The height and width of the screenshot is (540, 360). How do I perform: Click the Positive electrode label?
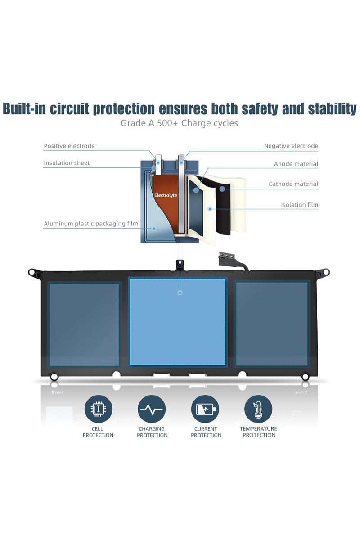(x=69, y=146)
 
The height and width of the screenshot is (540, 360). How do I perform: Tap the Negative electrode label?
(x=291, y=146)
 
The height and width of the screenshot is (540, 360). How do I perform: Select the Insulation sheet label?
(x=67, y=163)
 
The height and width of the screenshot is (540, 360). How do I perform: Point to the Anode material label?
(x=296, y=164)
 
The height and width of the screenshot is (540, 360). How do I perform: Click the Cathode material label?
(x=293, y=184)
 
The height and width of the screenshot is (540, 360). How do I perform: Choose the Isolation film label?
(x=300, y=205)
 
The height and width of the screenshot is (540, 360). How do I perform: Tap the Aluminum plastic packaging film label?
(x=90, y=224)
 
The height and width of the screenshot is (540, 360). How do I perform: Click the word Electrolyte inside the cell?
(x=166, y=195)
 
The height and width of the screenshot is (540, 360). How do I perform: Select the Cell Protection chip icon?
(x=99, y=409)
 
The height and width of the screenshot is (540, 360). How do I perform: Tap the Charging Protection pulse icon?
(x=152, y=409)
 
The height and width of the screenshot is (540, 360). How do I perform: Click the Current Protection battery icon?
(x=205, y=409)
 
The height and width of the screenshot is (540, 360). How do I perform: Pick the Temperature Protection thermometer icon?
(x=258, y=409)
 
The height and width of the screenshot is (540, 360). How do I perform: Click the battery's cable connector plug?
(x=228, y=259)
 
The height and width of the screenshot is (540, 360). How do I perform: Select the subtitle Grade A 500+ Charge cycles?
(x=179, y=123)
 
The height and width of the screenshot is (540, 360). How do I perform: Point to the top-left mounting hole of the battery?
(x=31, y=272)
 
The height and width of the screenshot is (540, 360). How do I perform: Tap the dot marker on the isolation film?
(x=210, y=209)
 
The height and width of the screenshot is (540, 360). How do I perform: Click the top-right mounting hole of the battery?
(x=326, y=272)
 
